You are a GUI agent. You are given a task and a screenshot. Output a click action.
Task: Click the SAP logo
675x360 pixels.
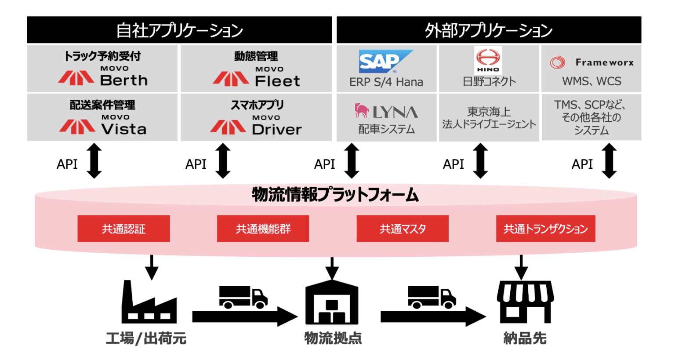pyautogui.click(x=385, y=61)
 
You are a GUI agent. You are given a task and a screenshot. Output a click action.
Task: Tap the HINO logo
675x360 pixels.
pyautogui.click(x=488, y=60)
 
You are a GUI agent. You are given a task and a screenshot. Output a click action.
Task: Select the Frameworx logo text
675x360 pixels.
pyautogui.click(x=604, y=62)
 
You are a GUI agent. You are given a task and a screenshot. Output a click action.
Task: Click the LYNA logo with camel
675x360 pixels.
pyautogui.click(x=386, y=112)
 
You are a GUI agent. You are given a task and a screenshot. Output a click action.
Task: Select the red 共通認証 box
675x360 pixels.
pyautogui.click(x=123, y=229)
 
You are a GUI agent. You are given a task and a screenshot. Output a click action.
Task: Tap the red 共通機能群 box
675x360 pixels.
pyautogui.click(x=263, y=229)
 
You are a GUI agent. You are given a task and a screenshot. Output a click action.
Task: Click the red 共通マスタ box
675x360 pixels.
pyautogui.click(x=402, y=229)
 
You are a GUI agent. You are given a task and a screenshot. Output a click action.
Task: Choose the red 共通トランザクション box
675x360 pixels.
pyautogui.click(x=545, y=229)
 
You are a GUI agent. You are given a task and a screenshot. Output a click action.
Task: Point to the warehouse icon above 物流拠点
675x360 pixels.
pyautogui.click(x=332, y=303)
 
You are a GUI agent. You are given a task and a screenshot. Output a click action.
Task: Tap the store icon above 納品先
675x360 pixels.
pyautogui.click(x=525, y=302)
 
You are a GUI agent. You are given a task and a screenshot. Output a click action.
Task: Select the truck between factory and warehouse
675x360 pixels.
pyautogui.click(x=243, y=297)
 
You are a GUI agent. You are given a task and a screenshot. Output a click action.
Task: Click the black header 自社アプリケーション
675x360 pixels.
pyautogui.click(x=179, y=30)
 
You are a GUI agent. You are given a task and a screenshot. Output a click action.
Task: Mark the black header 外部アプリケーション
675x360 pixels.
pyautogui.click(x=489, y=30)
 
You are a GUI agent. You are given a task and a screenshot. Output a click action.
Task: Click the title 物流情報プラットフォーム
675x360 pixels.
pyautogui.click(x=335, y=194)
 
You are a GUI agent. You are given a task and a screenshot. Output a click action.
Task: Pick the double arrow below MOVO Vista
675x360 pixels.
pyautogui.click(x=94, y=161)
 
